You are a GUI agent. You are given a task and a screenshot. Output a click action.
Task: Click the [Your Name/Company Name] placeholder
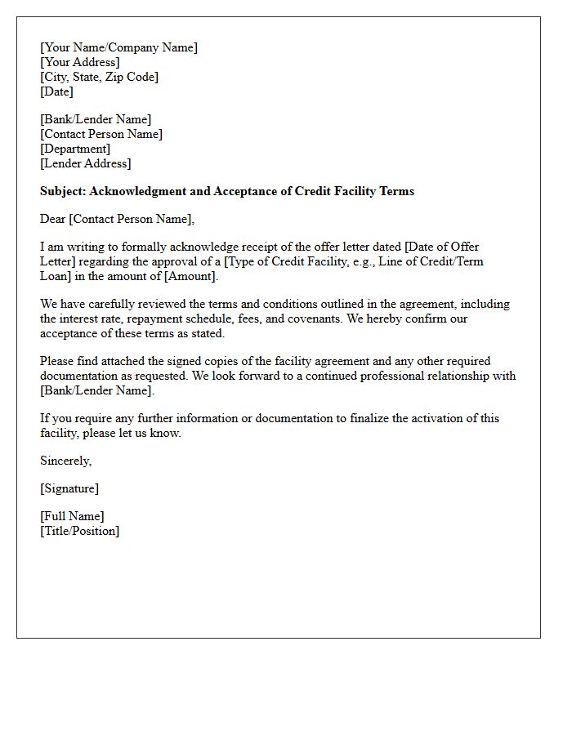coord(118,47)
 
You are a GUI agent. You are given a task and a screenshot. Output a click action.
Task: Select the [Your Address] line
coord(79,62)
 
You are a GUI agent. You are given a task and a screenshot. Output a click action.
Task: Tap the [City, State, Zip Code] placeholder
coord(99,77)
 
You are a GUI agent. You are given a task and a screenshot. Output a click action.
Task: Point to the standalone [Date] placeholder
coord(56,91)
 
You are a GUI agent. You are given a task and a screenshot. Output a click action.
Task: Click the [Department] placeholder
coord(75,149)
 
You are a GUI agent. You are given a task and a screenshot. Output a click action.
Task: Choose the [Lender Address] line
coord(85,163)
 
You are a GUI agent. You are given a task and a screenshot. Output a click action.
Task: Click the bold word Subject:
coord(63,191)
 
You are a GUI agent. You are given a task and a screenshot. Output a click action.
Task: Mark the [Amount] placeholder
coord(191,276)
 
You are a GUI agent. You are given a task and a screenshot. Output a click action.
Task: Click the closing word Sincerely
coord(65,461)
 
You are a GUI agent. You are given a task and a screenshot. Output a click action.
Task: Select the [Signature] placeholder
coord(69,488)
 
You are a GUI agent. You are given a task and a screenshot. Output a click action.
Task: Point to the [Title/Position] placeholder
coord(79,531)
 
